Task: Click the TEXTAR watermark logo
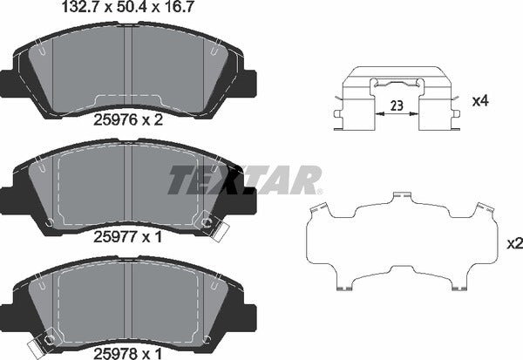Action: (x=245, y=180)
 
